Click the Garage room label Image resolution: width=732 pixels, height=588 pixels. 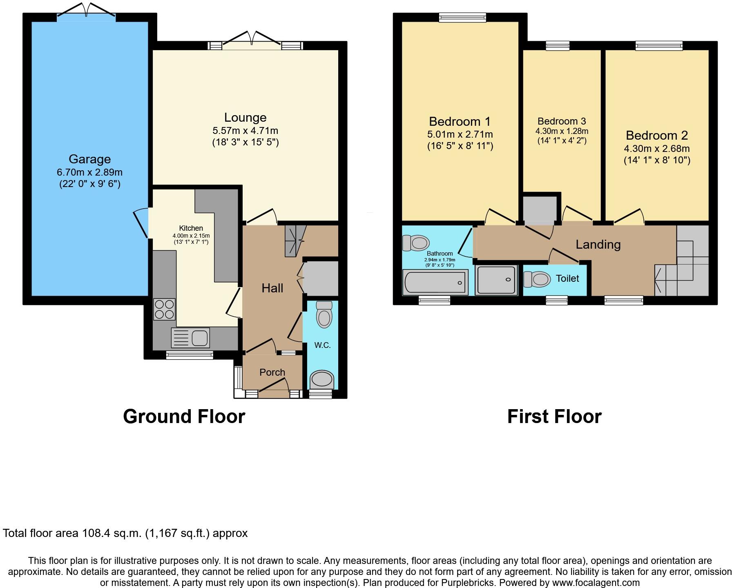pyautogui.click(x=89, y=159)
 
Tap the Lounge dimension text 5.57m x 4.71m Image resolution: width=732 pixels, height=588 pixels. pyautogui.click(x=245, y=131)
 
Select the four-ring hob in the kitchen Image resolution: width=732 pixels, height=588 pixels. pyautogui.click(x=164, y=309)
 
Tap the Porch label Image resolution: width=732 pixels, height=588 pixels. pyautogui.click(x=272, y=372)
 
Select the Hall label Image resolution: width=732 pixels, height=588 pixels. pyautogui.click(x=272, y=288)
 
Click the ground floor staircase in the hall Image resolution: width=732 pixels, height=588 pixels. pyautogui.click(x=295, y=241)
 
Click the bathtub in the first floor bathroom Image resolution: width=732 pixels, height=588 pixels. pyautogui.click(x=435, y=282)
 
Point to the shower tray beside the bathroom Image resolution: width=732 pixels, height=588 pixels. pyautogui.click(x=496, y=280)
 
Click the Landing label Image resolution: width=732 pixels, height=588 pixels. pyautogui.click(x=598, y=245)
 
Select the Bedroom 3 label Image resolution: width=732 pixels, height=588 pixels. pyautogui.click(x=562, y=121)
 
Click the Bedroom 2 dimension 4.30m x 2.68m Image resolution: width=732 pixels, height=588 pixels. pyautogui.click(x=656, y=149)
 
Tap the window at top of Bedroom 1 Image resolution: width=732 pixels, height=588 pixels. pyautogui.click(x=462, y=17)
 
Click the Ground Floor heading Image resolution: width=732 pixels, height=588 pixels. pyautogui.click(x=184, y=416)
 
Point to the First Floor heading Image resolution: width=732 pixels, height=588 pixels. pyautogui.click(x=554, y=416)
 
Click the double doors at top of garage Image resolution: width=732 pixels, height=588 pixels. pyautogui.click(x=86, y=11)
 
